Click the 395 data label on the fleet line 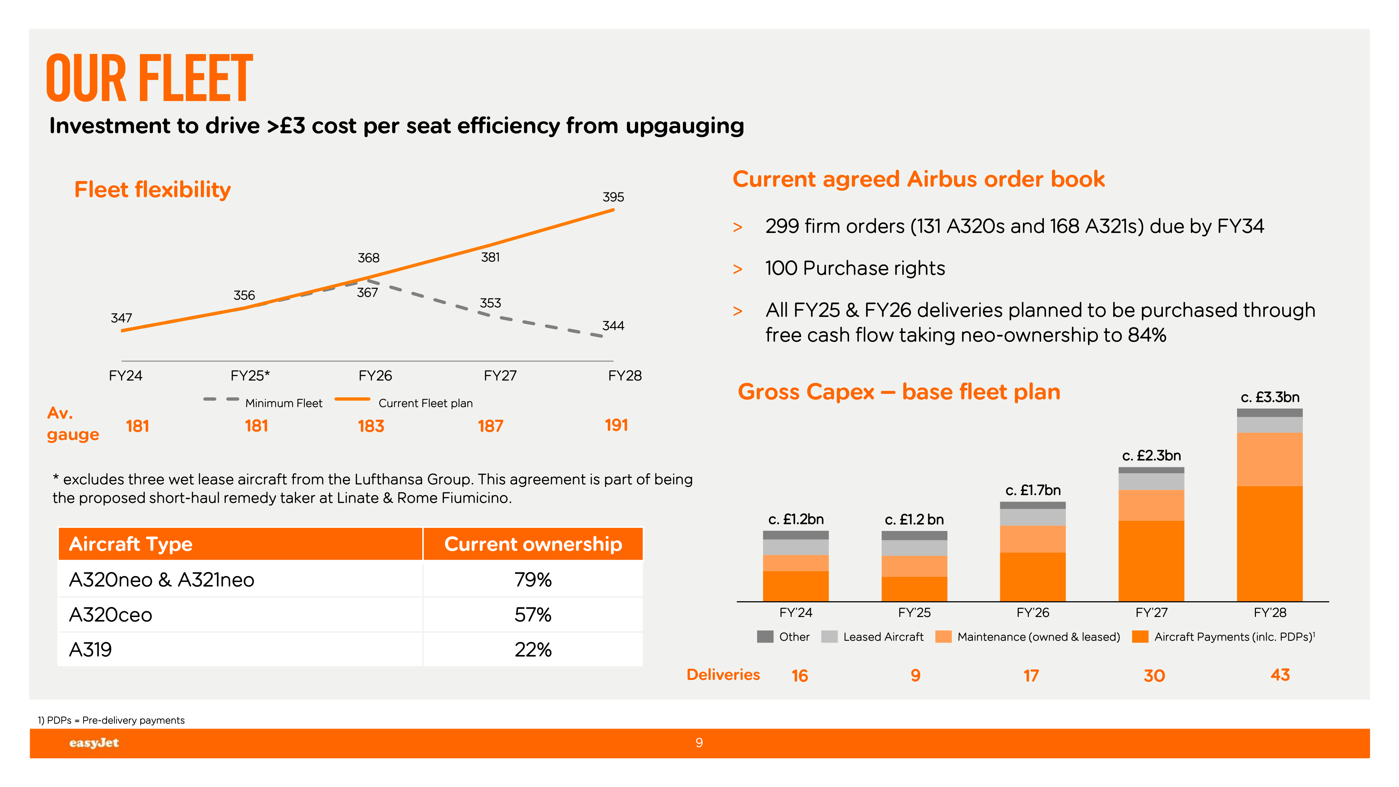coord(613,197)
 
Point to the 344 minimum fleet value coord(613,326)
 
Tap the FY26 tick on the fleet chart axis coord(375,376)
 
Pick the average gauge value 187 coord(490,426)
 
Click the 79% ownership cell coord(533,580)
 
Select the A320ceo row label coord(111,615)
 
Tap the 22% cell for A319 coord(533,650)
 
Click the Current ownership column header coord(533,544)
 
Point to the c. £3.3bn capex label coord(1270,397)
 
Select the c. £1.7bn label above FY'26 coord(1032,490)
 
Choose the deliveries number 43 coord(1280,675)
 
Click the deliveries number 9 coord(915,676)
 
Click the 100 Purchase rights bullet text coord(855,268)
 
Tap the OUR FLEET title coord(149,78)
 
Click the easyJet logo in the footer coord(94,743)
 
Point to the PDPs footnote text coord(111,720)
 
